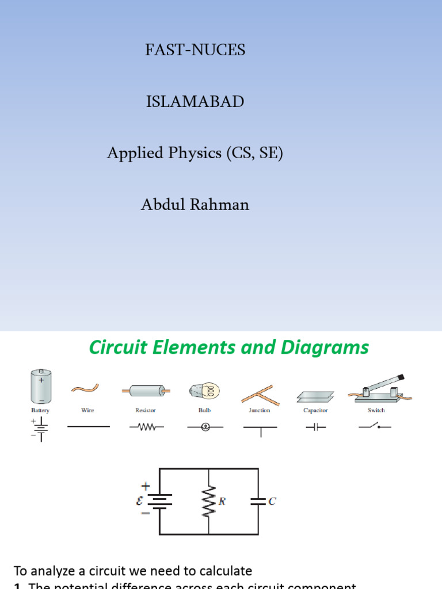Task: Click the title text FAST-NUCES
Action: [195, 50]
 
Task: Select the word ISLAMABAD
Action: [195, 102]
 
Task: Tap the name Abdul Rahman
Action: [195, 204]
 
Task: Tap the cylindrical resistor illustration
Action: [146, 391]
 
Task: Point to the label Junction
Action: [258, 410]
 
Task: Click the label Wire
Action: [88, 410]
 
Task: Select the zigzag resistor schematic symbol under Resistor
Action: [146, 427]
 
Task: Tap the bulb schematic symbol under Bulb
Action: [203, 427]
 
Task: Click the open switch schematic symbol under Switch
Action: [375, 427]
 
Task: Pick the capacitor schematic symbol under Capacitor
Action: [315, 427]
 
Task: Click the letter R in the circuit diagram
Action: [221, 502]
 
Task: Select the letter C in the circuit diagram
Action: [272, 502]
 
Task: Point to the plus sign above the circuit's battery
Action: [144, 487]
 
